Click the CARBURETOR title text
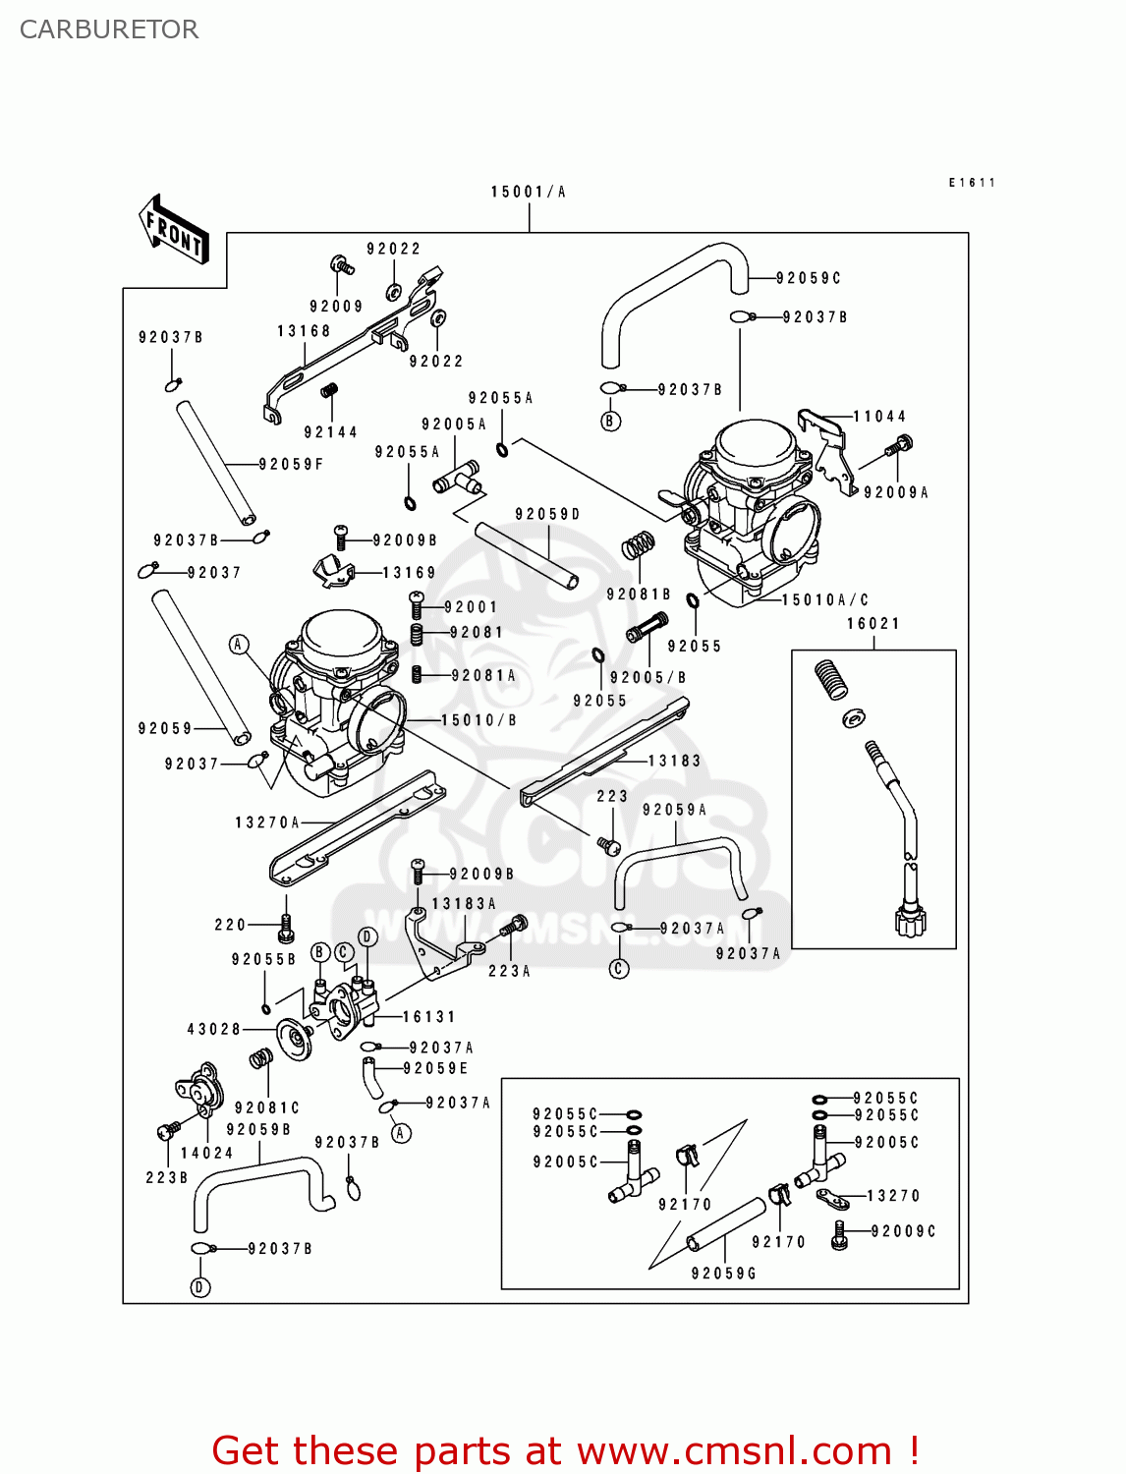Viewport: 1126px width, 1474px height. pyautogui.click(x=109, y=29)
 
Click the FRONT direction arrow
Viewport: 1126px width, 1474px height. pyautogui.click(x=175, y=230)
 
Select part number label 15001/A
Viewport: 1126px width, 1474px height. pyautogui.click(x=529, y=192)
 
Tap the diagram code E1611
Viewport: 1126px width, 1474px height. pyautogui.click(x=972, y=183)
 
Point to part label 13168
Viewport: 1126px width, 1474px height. pyautogui.click(x=304, y=331)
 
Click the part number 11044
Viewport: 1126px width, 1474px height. pyautogui.click(x=879, y=417)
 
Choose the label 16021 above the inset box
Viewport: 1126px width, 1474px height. pyautogui.click(x=873, y=623)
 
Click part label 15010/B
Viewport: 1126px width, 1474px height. pyautogui.click(x=479, y=720)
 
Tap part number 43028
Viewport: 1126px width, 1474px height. pyautogui.click(x=214, y=1029)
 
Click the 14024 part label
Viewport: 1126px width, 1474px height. pyautogui.click(x=207, y=1153)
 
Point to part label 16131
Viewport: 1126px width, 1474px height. pyautogui.click(x=429, y=1017)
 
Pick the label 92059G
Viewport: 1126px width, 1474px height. pyautogui.click(x=724, y=1273)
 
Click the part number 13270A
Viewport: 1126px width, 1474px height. pyautogui.click(x=267, y=822)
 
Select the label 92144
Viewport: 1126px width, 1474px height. pyautogui.click(x=331, y=432)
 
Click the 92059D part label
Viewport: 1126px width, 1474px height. pyautogui.click(x=548, y=514)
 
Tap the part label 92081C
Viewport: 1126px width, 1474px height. pyautogui.click(x=267, y=1107)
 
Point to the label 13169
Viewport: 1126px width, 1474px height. pyautogui.click(x=410, y=572)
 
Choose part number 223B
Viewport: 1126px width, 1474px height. pyautogui.click(x=167, y=1177)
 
